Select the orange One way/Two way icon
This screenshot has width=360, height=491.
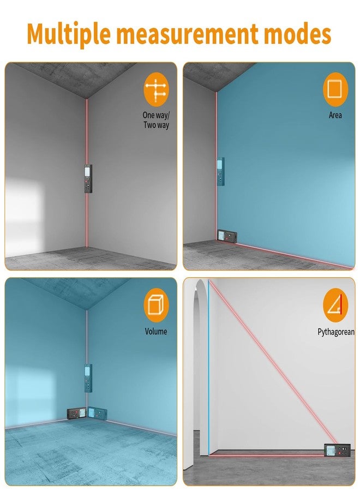click(156, 89)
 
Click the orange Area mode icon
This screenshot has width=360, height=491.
click(335, 89)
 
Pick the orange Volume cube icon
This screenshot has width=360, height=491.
click(156, 306)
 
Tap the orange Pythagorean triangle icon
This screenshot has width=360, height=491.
click(335, 306)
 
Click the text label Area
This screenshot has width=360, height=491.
click(335, 115)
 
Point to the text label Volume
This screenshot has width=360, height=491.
click(156, 331)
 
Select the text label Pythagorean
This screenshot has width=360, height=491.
click(336, 332)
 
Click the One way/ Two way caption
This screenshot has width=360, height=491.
click(156, 120)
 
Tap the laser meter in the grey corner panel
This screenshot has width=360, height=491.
click(88, 178)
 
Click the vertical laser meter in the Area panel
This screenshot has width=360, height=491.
click(220, 172)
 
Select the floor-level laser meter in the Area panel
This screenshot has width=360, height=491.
click(227, 236)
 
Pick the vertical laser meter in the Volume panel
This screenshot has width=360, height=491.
click(88, 378)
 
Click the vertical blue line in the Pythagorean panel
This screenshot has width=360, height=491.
click(208, 368)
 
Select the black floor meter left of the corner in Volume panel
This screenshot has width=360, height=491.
click(77, 413)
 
